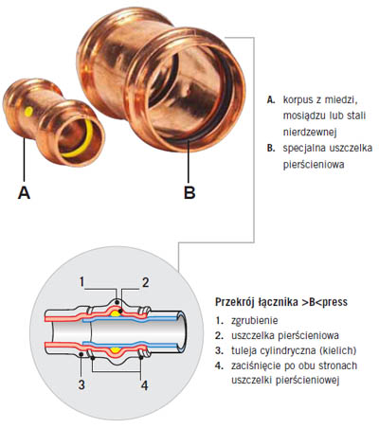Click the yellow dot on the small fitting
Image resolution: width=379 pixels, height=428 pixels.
tap(29, 111)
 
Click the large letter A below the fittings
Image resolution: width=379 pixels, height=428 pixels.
tap(24, 192)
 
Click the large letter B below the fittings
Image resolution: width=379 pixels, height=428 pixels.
tap(189, 192)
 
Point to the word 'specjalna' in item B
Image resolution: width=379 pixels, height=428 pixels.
tap(303, 149)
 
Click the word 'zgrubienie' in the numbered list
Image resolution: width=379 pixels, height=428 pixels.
tap(255, 321)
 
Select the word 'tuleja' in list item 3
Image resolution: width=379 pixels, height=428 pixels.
tap(244, 350)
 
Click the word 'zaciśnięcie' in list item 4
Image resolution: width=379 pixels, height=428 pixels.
tap(256, 366)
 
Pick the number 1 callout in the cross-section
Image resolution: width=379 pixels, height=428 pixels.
tap(81, 281)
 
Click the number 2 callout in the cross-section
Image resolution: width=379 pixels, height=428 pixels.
tap(145, 282)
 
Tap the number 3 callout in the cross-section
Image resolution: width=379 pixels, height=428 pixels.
tap(81, 384)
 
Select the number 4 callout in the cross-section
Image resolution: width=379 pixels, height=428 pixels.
tap(144, 385)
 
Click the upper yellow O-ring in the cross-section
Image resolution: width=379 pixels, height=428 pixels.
tap(116, 313)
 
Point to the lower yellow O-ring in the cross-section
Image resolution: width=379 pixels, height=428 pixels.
tap(116, 350)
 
